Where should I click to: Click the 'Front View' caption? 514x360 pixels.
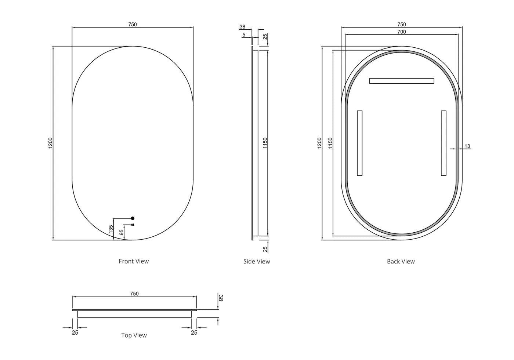134,261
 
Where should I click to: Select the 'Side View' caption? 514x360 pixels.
257,261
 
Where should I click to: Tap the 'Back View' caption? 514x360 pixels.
401,261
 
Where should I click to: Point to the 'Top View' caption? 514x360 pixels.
134,335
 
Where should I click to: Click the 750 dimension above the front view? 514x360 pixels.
133,25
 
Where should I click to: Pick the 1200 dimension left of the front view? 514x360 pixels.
51,143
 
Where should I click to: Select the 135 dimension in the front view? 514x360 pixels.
111,229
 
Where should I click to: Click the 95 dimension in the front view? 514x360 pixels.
122,232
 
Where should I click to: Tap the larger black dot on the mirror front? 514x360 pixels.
133,218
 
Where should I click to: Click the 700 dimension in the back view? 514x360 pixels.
402,32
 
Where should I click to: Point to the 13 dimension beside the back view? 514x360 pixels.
467,146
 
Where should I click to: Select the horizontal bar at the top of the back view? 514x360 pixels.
401,81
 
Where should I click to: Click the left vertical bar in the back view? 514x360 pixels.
359,143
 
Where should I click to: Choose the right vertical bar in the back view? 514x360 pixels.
444,143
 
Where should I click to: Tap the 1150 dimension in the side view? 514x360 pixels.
265,143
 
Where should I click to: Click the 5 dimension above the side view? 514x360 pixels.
244,35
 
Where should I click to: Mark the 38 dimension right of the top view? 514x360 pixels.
220,298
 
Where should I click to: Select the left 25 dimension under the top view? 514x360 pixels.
75,332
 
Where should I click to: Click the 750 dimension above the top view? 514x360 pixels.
134,294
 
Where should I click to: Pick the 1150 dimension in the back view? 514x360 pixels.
330,143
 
